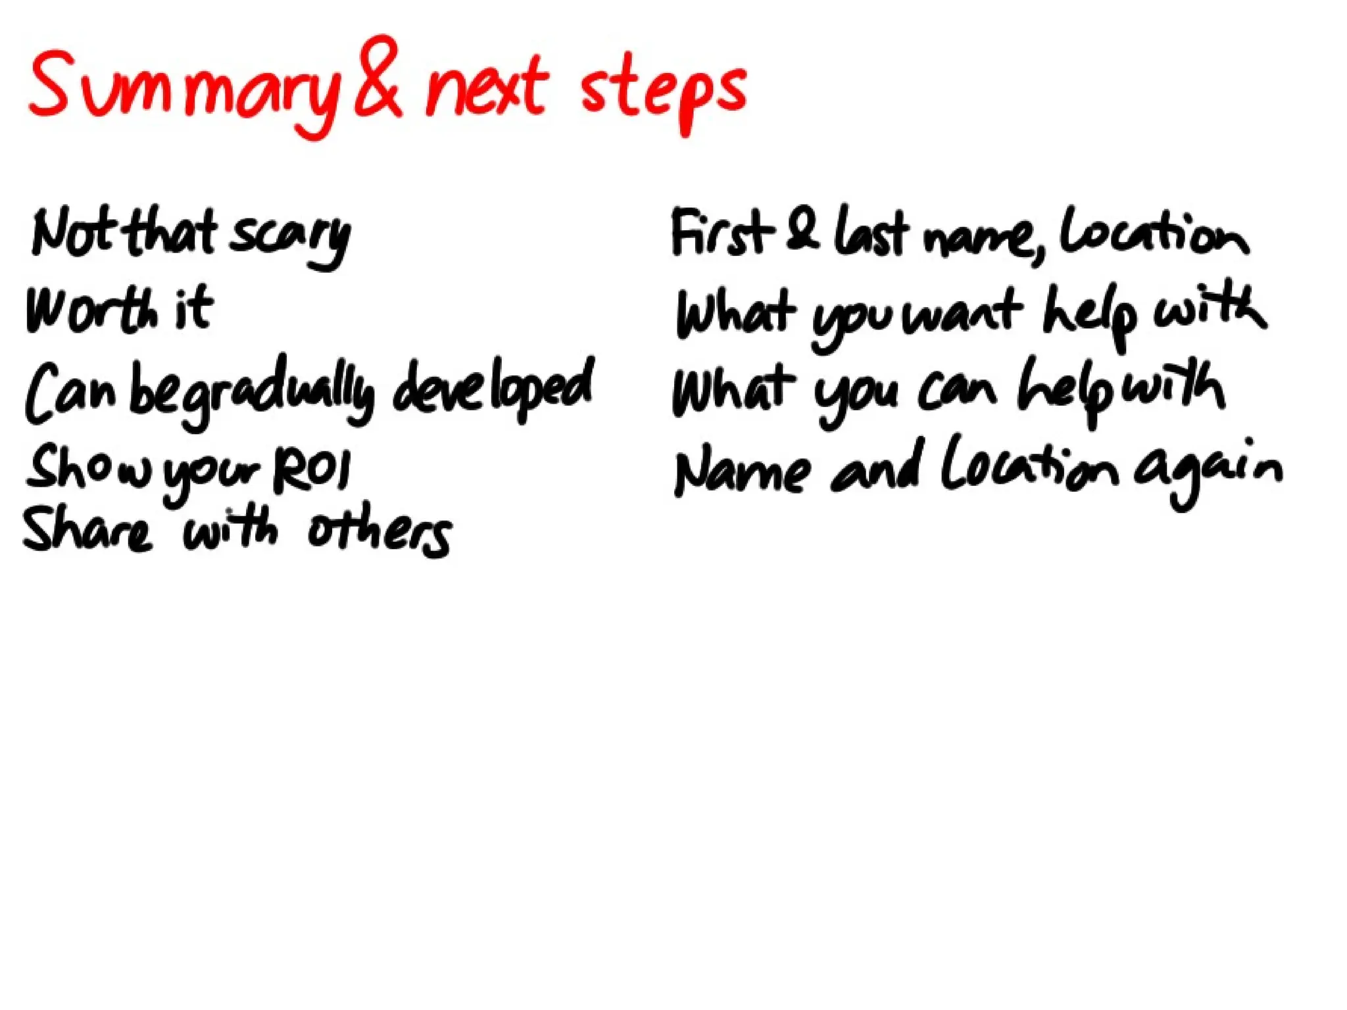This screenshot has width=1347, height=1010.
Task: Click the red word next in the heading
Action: click(487, 89)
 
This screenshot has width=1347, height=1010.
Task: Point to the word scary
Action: click(289, 237)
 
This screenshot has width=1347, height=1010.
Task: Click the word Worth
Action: click(92, 309)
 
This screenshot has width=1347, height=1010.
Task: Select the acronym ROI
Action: click(312, 470)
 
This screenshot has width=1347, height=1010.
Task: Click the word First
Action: click(720, 233)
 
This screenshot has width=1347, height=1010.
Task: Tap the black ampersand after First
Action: click(803, 230)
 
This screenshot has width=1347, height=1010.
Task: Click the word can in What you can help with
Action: click(957, 391)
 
